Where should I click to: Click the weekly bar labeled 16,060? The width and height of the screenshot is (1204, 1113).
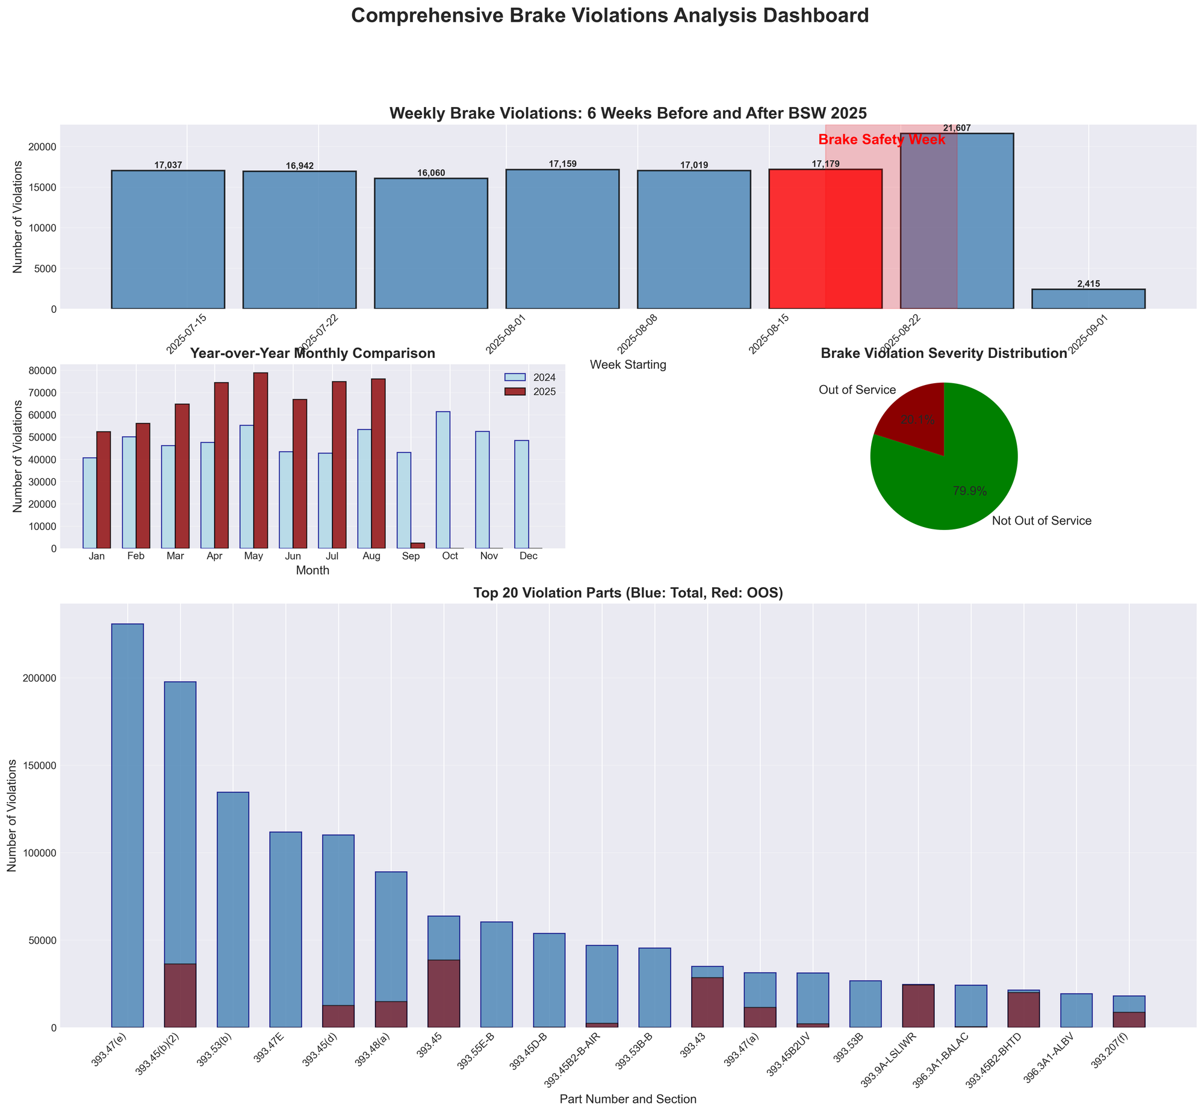point(431,243)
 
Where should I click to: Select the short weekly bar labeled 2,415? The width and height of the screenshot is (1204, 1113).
point(1088,299)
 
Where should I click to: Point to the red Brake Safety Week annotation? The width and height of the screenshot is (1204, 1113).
point(881,140)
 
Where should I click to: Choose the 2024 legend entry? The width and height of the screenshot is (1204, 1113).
point(530,378)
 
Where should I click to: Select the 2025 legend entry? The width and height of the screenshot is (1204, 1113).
point(530,392)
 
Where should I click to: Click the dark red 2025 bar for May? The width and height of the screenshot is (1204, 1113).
point(260,460)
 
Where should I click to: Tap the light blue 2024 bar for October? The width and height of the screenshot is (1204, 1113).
point(443,479)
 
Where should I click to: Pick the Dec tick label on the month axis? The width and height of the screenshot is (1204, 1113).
point(529,556)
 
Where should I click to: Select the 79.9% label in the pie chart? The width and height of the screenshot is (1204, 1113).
point(970,492)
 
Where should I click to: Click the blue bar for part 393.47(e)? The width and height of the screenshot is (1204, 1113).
point(128,825)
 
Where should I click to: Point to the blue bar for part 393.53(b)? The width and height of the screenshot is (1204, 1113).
point(232,910)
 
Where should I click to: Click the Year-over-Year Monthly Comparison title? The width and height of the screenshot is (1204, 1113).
point(312,354)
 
